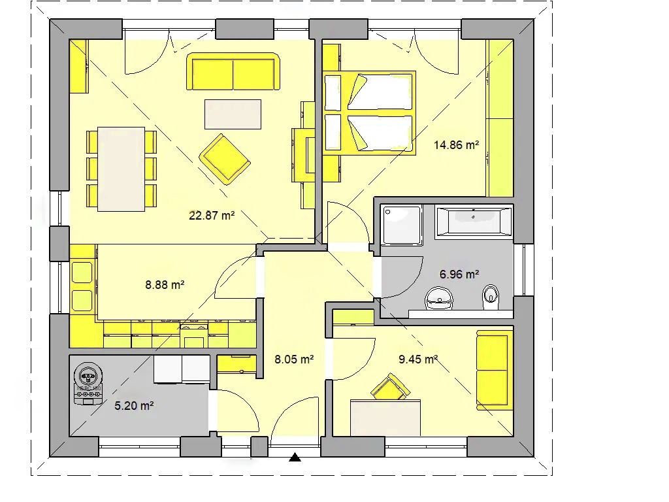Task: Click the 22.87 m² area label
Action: pos(212,216)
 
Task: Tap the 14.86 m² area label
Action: pos(456,145)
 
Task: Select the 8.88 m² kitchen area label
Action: pos(165,285)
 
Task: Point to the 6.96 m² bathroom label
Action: pos(459,274)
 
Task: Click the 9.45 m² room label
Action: pos(418,360)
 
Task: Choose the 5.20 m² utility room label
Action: pos(134,405)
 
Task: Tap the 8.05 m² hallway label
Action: pos(294,360)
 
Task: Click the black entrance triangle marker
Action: pos(295,458)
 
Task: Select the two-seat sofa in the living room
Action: pos(233,72)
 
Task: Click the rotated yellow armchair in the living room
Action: pos(225,159)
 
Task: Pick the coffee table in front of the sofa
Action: pos(233,114)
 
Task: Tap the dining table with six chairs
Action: pos(122,169)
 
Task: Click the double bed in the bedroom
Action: pos(370,112)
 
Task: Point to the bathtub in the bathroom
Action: pos(474,221)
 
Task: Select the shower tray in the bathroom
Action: pos(402,226)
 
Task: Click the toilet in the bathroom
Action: pos(491,297)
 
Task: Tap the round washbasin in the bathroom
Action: pos(439,298)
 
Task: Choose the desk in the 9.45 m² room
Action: pos(385,418)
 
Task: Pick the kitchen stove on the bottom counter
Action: pos(194,335)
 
